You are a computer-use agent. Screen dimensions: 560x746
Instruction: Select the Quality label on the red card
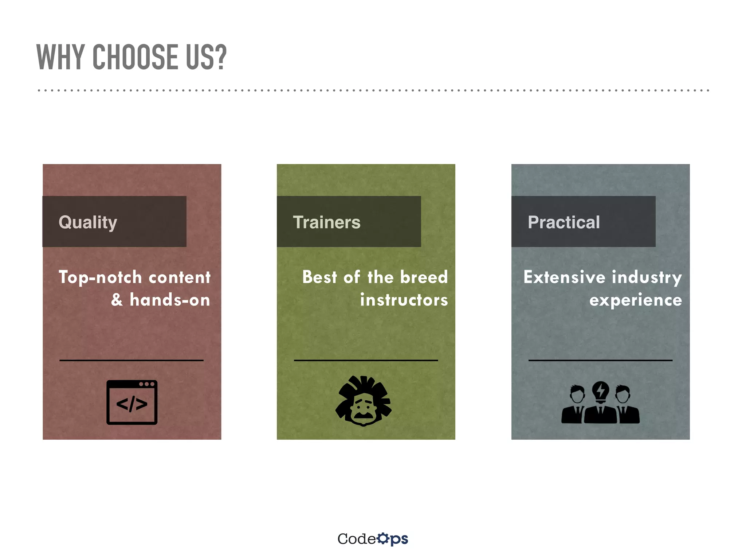coord(88,222)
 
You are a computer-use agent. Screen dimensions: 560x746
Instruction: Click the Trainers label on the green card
coord(326,222)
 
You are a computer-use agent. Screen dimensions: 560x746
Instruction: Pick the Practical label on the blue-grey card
coord(564,222)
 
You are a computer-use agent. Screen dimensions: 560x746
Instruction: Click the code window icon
coord(132,402)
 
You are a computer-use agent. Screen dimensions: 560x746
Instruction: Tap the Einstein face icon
coord(363,401)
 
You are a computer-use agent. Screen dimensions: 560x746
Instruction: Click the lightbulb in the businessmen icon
coord(600,391)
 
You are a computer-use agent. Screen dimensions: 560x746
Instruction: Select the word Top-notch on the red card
coord(100,277)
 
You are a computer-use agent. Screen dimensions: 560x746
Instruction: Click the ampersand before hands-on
coord(117,300)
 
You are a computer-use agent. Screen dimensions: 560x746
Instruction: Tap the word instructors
coord(404,300)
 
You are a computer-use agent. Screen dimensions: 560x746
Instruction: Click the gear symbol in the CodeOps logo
coord(383,538)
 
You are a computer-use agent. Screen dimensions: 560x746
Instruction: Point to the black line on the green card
coord(366,360)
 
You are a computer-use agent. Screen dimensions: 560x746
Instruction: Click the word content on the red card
coord(180,277)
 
